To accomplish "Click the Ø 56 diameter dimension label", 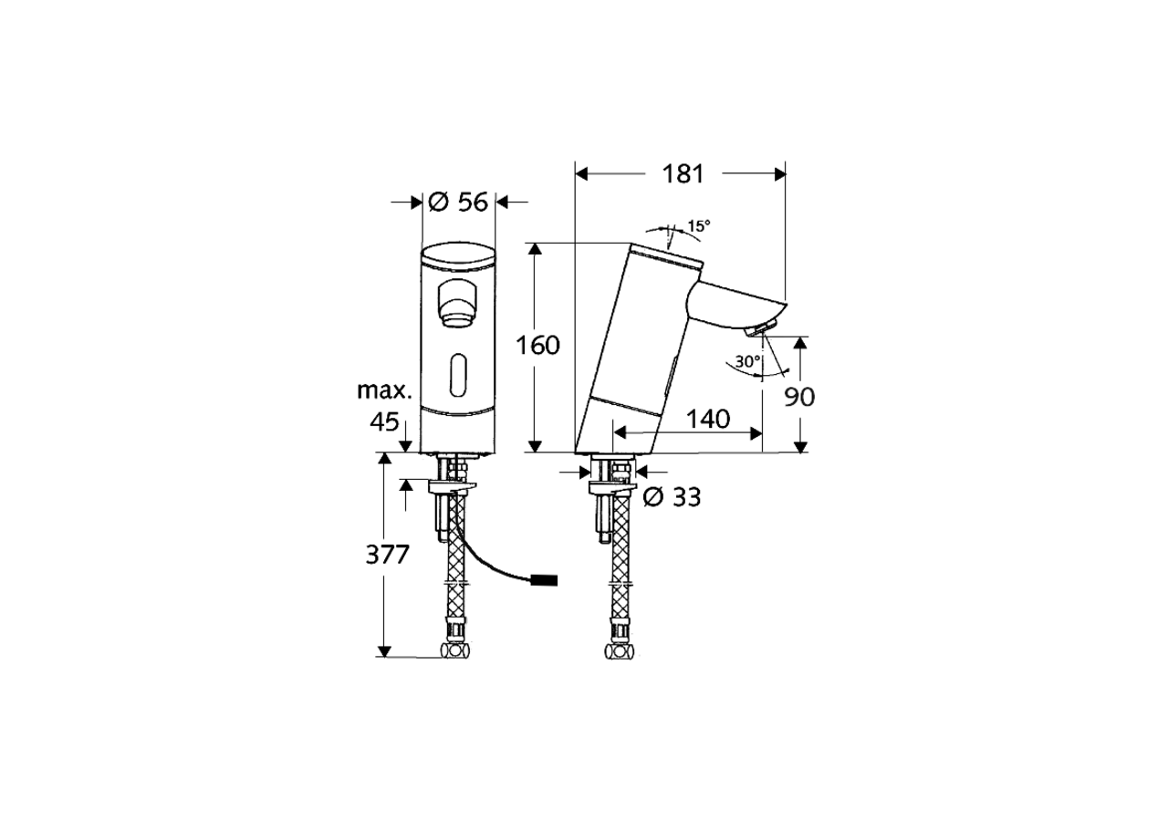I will pyautogui.click(x=459, y=203).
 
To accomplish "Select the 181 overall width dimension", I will pyautogui.click(x=682, y=173).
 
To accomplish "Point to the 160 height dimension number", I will pyautogui.click(x=537, y=346).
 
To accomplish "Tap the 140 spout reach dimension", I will pyautogui.click(x=708, y=419).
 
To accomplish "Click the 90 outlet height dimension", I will pyautogui.click(x=800, y=396).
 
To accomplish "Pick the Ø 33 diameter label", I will pyautogui.click(x=672, y=496).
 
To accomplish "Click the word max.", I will pyautogui.click(x=382, y=391).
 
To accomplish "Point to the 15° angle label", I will pyautogui.click(x=698, y=225).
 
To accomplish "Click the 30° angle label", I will pyautogui.click(x=748, y=361).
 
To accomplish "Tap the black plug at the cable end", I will pyautogui.click(x=545, y=579).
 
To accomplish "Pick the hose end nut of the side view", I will pyautogui.click(x=620, y=651).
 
